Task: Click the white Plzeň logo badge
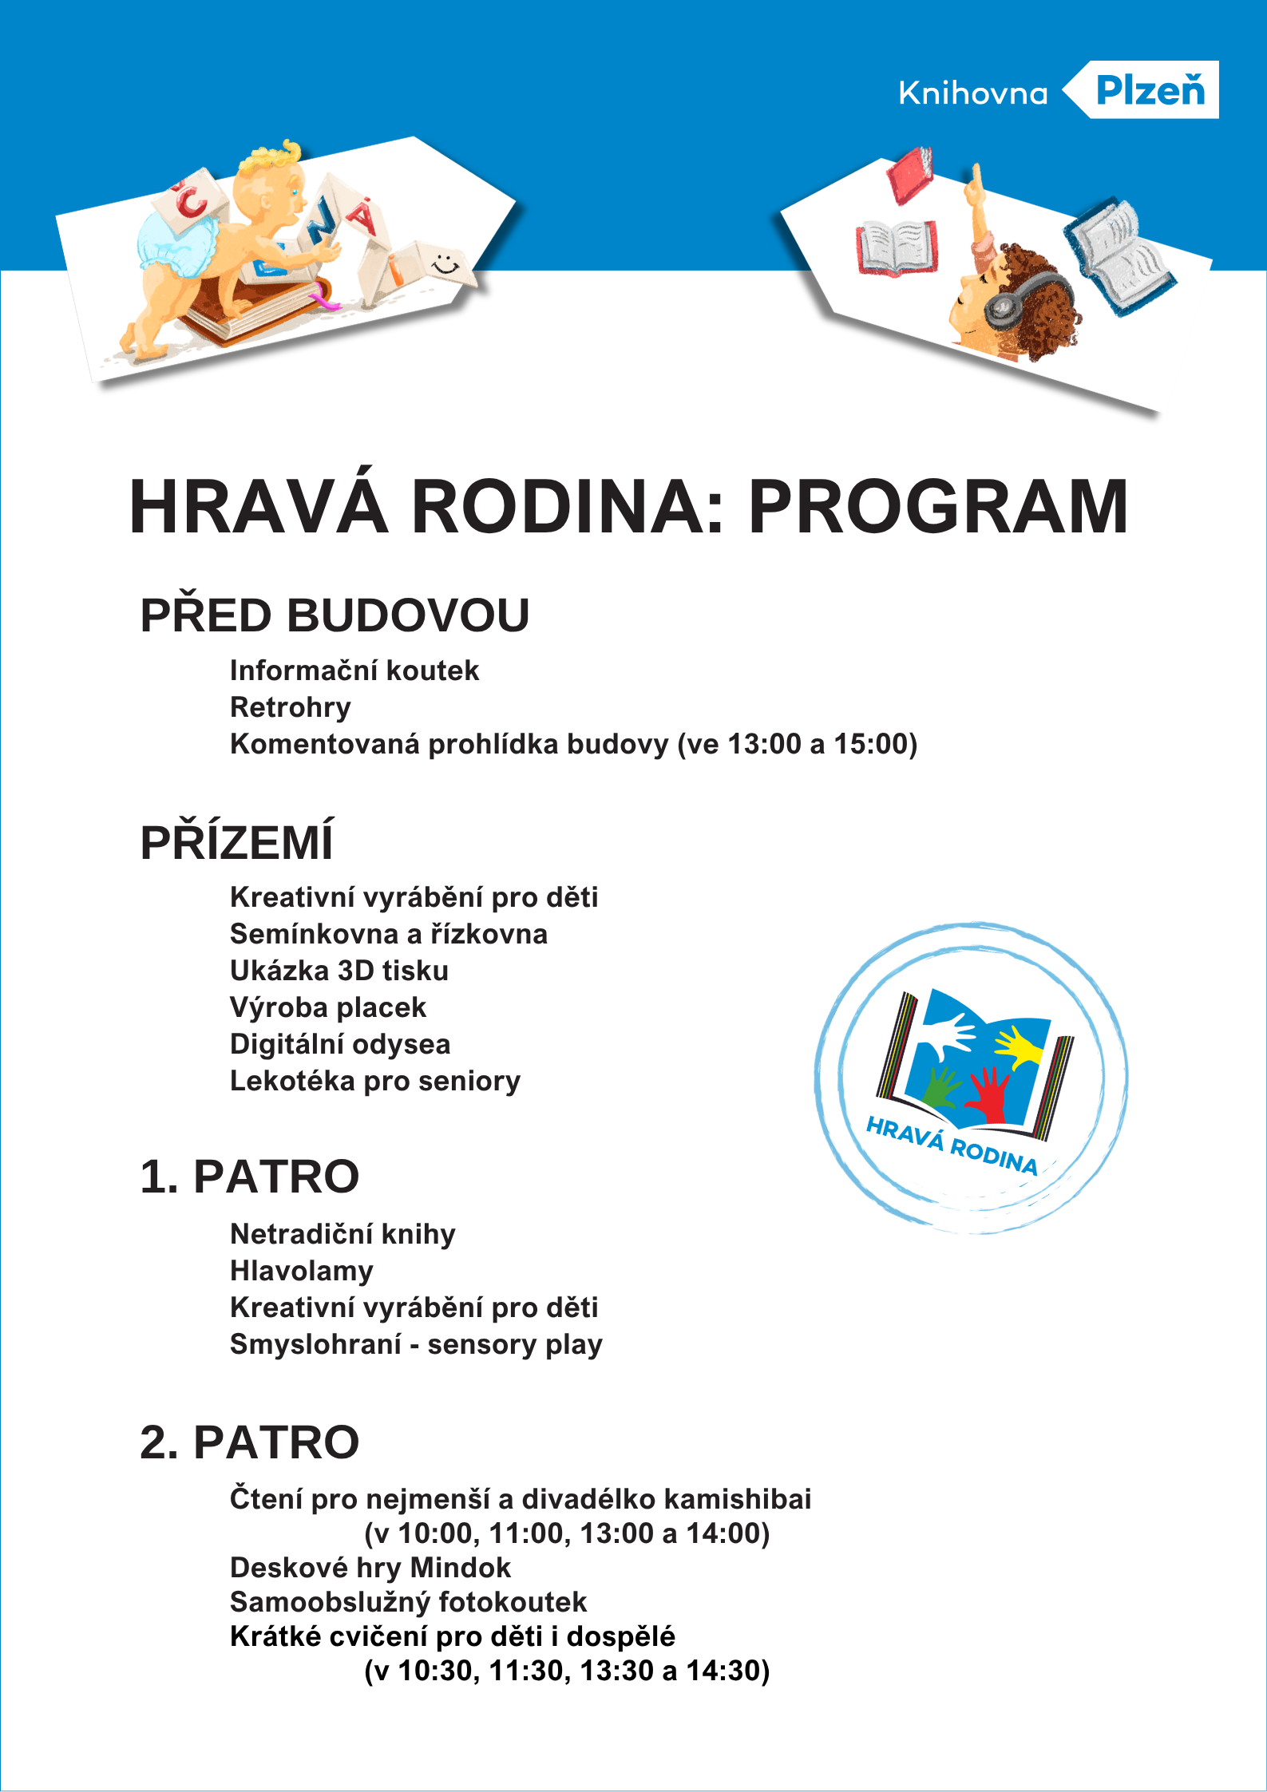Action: [x=1149, y=89]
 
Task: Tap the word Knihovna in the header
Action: [x=972, y=94]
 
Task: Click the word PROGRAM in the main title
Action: [x=938, y=507]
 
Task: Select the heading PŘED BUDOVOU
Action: [x=335, y=615]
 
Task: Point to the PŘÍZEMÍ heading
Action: [x=236, y=843]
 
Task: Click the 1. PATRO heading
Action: [x=249, y=1177]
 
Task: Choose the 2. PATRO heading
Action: [x=249, y=1442]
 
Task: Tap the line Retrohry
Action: [x=291, y=707]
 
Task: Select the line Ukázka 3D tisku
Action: [x=339, y=971]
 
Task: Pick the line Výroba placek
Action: [x=328, y=1007]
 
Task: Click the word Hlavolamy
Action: [x=302, y=1271]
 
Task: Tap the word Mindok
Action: [x=460, y=1568]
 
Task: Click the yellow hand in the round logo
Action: [x=1018, y=1046]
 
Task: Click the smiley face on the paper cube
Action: [x=445, y=263]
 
